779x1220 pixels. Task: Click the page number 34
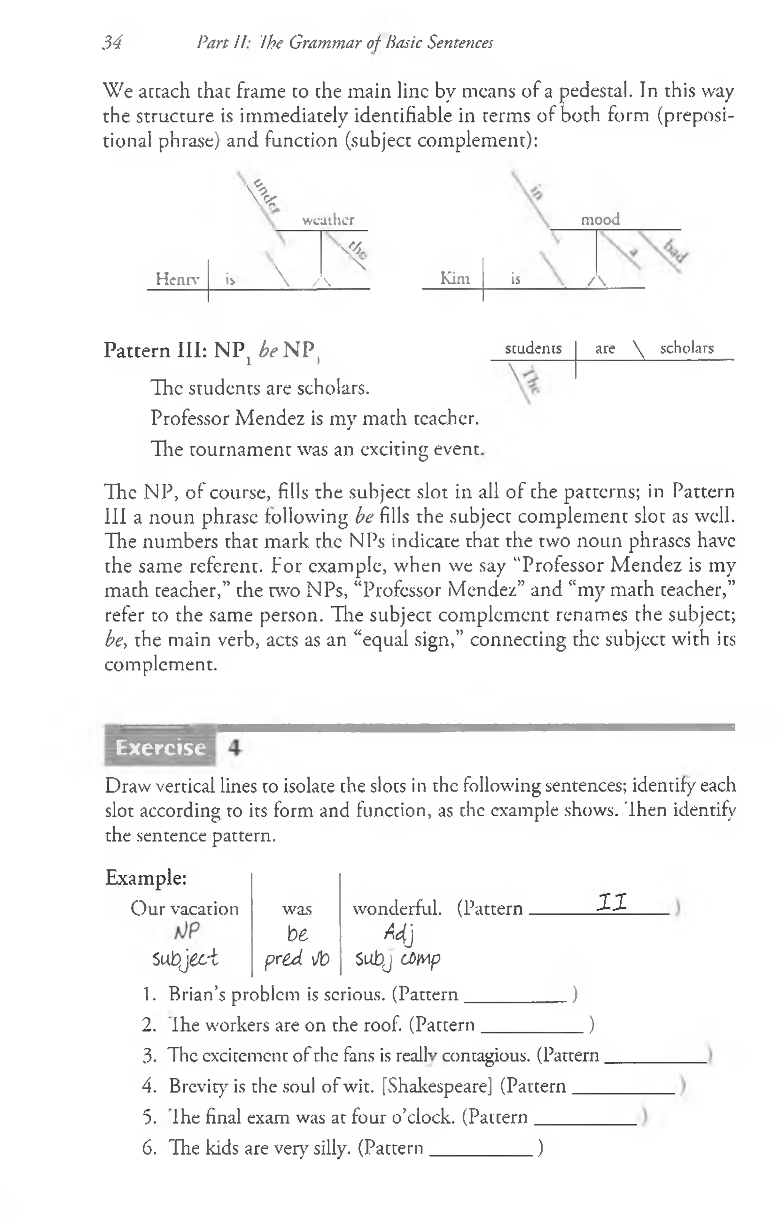pyautogui.click(x=112, y=43)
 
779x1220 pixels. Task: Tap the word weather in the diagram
pyautogui.click(x=328, y=220)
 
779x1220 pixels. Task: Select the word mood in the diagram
pyautogui.click(x=600, y=219)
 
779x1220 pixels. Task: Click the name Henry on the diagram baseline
pyautogui.click(x=177, y=279)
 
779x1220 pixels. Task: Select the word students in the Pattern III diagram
pyautogui.click(x=533, y=348)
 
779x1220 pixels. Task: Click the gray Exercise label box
pyautogui.click(x=160, y=747)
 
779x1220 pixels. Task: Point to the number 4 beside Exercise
pyautogui.click(x=234, y=747)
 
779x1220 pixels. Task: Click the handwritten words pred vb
pyautogui.click(x=296, y=959)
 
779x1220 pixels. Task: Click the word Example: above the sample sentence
pyautogui.click(x=146, y=878)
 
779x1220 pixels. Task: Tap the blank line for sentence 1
pyautogui.click(x=515, y=1000)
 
